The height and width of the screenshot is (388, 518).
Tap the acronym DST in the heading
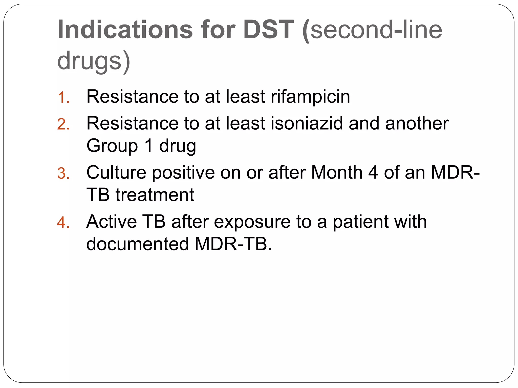click(268, 30)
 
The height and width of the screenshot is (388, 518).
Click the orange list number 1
click(63, 98)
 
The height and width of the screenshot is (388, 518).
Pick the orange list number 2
click(63, 124)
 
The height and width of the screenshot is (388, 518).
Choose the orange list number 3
click(63, 174)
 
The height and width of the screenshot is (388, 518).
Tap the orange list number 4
click(63, 223)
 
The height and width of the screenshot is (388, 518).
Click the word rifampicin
click(310, 97)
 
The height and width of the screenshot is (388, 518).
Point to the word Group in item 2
click(112, 146)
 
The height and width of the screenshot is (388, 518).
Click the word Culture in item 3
click(116, 173)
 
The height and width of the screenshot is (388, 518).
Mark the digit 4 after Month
click(373, 173)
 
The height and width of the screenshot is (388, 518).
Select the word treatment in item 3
click(155, 195)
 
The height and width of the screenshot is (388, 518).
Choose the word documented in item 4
click(138, 244)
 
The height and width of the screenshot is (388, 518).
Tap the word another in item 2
click(417, 124)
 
